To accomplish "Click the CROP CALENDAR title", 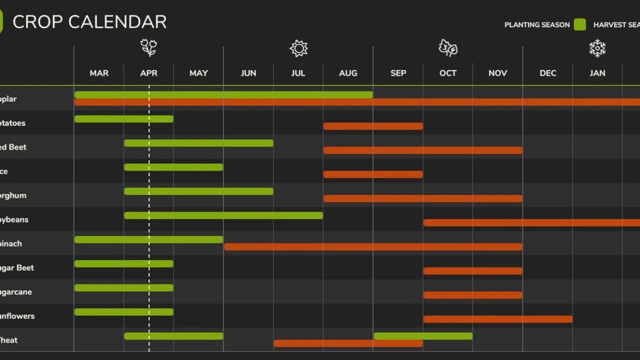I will (89, 22).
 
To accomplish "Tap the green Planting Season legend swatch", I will (579, 24).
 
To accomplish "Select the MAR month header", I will (99, 73).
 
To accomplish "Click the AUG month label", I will (348, 73).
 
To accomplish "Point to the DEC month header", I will (547, 73).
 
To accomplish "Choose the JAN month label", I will (597, 73).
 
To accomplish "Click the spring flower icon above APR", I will (148, 48).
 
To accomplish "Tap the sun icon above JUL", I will (298, 48).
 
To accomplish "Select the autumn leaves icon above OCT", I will (448, 48).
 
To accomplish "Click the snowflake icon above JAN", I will (597, 48).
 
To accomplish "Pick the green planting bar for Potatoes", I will (123, 119).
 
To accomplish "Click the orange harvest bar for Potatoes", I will (373, 126).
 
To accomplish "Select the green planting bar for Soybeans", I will (223, 215).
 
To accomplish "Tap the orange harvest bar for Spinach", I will (373, 246).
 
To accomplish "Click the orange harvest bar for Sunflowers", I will (497, 319).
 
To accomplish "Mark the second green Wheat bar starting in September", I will (423, 336).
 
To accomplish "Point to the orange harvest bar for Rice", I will (373, 174).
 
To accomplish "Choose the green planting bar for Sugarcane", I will (123, 288).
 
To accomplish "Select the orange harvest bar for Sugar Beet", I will (472, 271).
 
